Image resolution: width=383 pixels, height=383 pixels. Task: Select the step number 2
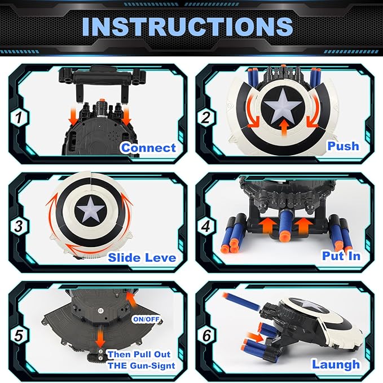[208, 118]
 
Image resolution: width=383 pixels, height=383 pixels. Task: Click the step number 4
[208, 227]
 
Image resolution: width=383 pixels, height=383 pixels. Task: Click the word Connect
[148, 148]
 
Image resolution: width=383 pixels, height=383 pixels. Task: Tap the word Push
[343, 146]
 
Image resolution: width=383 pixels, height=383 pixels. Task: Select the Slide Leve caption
[142, 257]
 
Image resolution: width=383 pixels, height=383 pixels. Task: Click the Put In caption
[341, 255]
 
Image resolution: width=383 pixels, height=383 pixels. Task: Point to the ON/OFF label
[146, 319]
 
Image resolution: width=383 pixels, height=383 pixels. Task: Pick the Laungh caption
[336, 364]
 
